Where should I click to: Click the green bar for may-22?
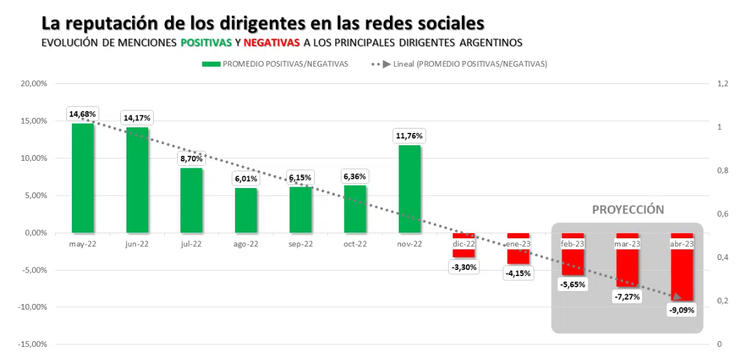(82, 178)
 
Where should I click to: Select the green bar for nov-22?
(409, 189)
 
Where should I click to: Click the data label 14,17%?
(136, 118)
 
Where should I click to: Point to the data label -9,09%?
(683, 310)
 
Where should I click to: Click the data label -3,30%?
(465, 267)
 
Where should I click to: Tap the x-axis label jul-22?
(191, 243)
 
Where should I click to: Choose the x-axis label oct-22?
(355, 243)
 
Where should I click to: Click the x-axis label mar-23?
(627, 243)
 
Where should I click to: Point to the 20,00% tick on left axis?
(34, 84)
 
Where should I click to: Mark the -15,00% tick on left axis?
(32, 345)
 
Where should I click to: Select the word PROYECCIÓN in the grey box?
(627, 210)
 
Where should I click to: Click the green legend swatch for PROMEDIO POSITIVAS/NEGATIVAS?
(211, 64)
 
